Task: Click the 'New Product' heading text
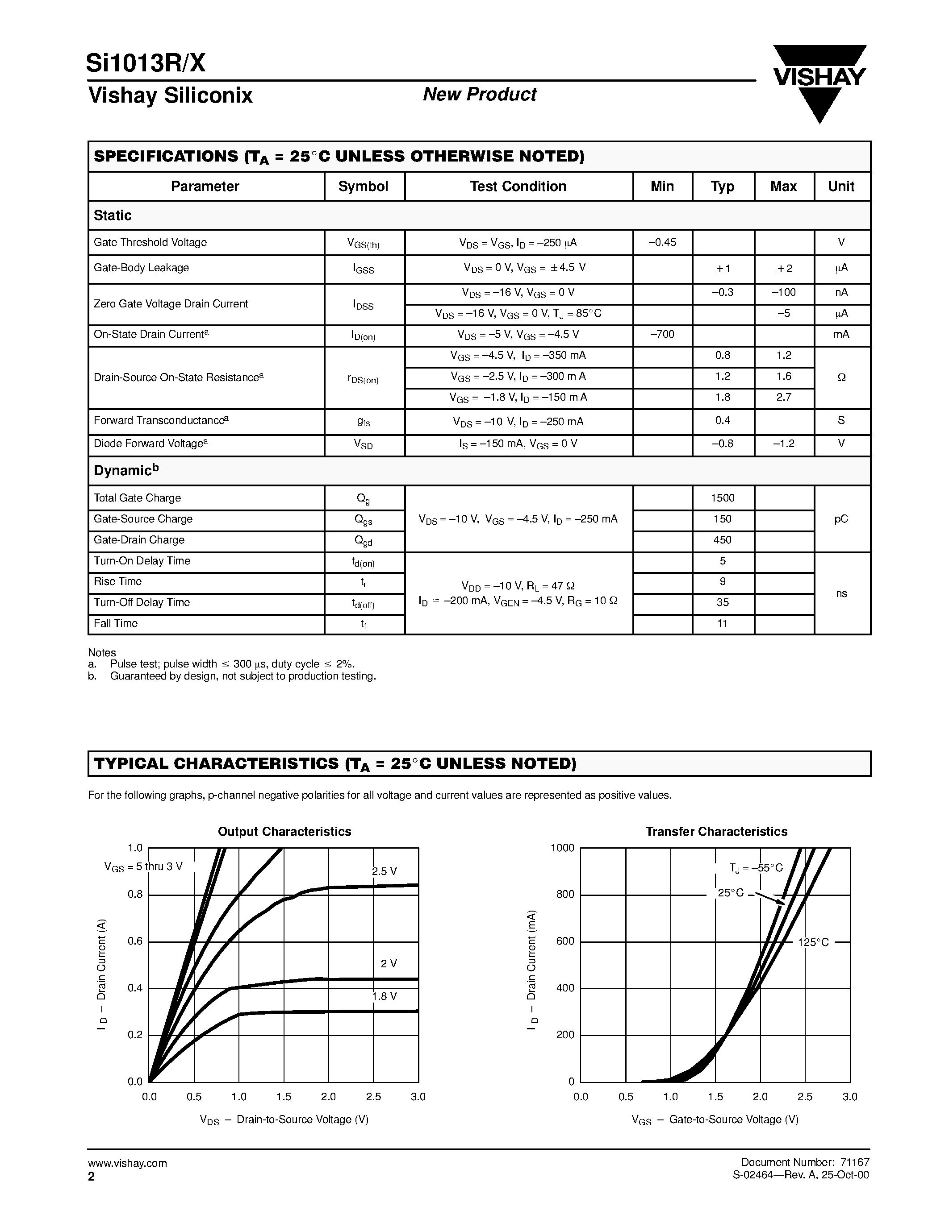coord(480,95)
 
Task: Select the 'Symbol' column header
coord(363,187)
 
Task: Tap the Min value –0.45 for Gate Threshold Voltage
coord(662,243)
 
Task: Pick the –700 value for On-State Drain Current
coord(662,335)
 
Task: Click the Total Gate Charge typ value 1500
coord(723,498)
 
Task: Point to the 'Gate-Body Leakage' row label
coord(141,268)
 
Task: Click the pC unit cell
coord(841,519)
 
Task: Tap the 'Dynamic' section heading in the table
coord(126,470)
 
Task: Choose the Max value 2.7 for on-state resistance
coord(783,397)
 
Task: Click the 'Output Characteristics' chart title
coord(284,832)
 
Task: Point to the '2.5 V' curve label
coord(385,871)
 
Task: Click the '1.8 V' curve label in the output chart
coord(385,996)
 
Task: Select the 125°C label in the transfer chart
coord(813,942)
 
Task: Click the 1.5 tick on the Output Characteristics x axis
coord(284,1097)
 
